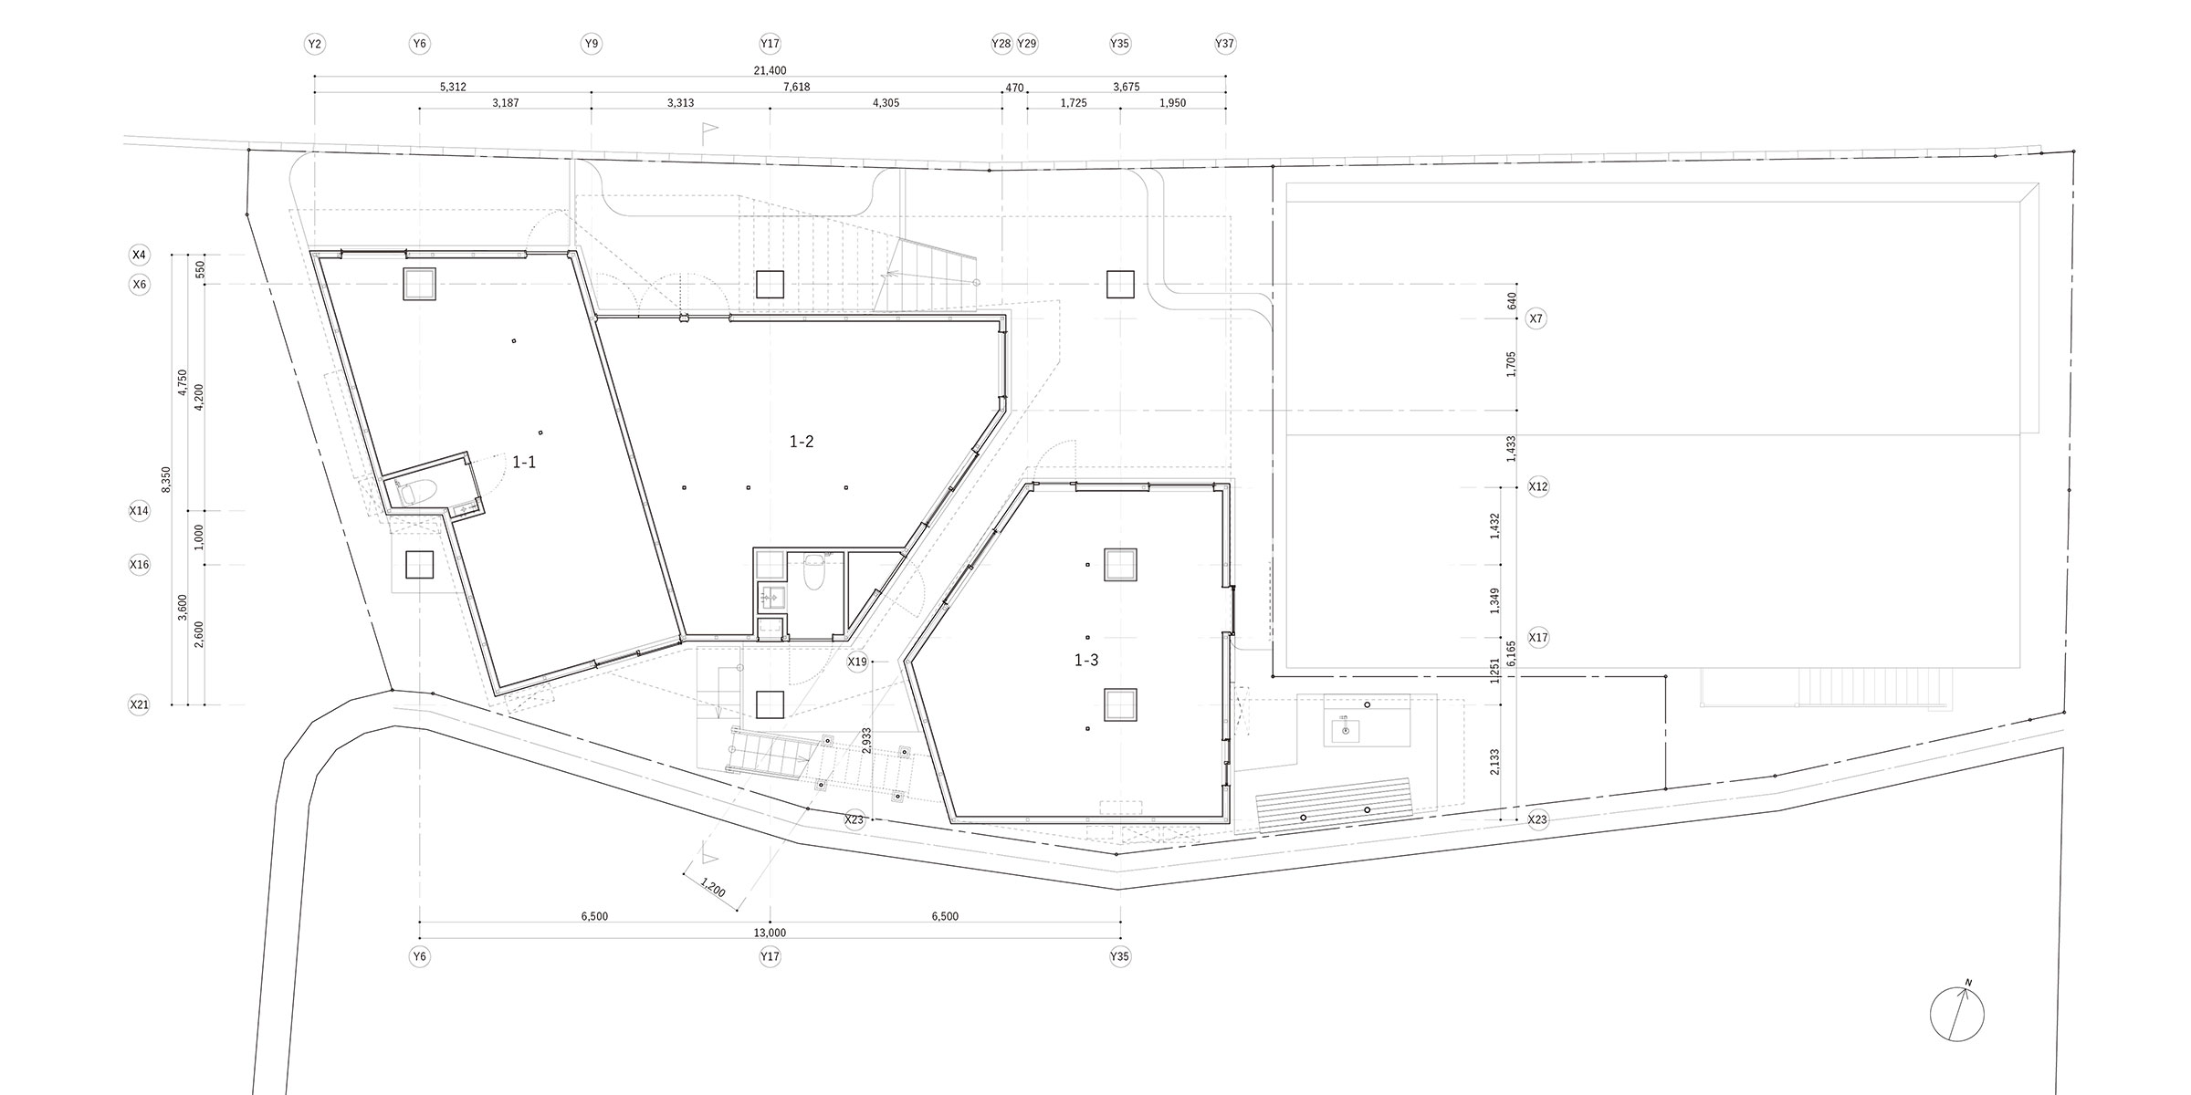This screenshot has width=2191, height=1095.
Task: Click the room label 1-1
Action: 524,463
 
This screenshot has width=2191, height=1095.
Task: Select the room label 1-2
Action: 802,442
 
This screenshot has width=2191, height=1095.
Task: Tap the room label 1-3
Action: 1086,661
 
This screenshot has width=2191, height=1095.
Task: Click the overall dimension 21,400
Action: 771,70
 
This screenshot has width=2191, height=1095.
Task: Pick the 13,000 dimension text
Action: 771,933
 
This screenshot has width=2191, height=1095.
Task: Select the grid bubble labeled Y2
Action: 315,43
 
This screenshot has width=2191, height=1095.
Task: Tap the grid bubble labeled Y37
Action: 1225,43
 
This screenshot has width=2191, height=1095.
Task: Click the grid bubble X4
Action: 139,254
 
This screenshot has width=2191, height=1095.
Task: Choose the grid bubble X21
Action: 139,704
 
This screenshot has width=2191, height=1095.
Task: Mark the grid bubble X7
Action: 1536,318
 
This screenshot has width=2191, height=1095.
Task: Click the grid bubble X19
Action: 857,662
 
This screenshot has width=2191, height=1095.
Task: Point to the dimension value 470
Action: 1014,89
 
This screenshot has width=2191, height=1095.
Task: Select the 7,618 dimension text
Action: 796,88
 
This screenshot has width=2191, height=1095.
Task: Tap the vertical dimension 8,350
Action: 166,480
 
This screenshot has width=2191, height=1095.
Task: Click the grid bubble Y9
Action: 592,43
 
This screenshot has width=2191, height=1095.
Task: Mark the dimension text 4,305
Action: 886,103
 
